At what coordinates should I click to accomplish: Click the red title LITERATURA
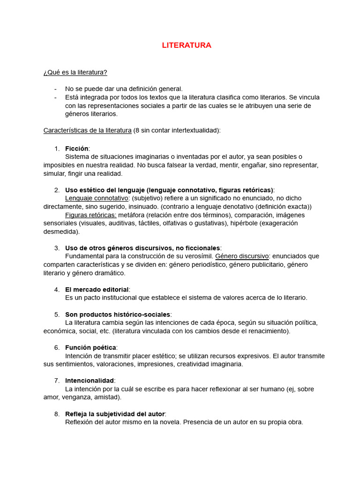coord(187,45)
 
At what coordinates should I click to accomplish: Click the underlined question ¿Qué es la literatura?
coord(75,72)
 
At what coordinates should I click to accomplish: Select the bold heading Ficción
coord(77,149)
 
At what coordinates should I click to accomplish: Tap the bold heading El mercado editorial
coord(97,289)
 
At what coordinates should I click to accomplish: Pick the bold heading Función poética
coord(91,347)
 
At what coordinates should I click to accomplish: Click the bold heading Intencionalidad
coord(90,380)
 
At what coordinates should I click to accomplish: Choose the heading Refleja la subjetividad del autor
coord(115,414)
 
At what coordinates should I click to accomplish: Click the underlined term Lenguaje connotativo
coord(97,198)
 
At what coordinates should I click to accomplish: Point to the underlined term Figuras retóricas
coord(91,215)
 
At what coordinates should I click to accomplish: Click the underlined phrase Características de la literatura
coord(88,130)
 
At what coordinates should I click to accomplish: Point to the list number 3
coord(57,248)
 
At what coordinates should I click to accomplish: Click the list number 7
coord(57,380)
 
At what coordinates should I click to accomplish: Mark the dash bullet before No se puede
coord(55,89)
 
